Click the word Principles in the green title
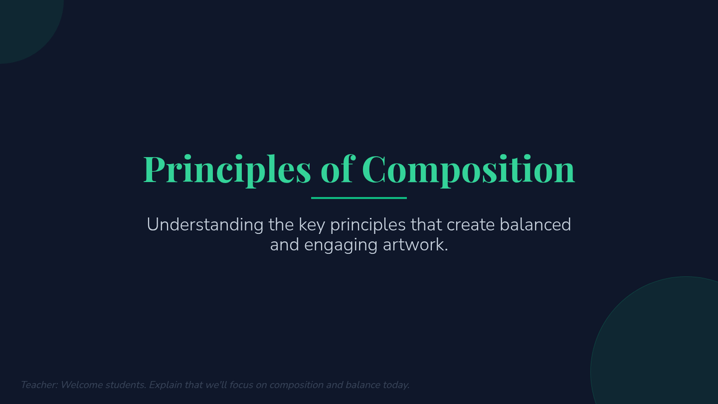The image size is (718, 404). pyautogui.click(x=227, y=170)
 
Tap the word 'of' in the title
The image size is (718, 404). pyautogui.click(x=338, y=169)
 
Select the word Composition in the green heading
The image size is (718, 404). pyautogui.click(x=468, y=170)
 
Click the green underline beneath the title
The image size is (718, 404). pyautogui.click(x=358, y=198)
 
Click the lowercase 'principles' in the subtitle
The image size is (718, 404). pyautogui.click(x=368, y=226)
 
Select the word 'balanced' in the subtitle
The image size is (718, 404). pyautogui.click(x=536, y=224)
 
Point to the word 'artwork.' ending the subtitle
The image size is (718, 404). pyautogui.click(x=415, y=245)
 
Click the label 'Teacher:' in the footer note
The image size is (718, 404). pyautogui.click(x=39, y=385)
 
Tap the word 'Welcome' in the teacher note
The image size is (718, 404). pyautogui.click(x=81, y=385)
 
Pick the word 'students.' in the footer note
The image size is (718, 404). pyautogui.click(x=126, y=385)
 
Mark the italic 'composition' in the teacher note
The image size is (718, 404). pyautogui.click(x=296, y=385)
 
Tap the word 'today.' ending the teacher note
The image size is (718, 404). pyautogui.click(x=395, y=385)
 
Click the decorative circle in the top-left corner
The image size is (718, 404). pyautogui.click(x=26, y=26)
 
